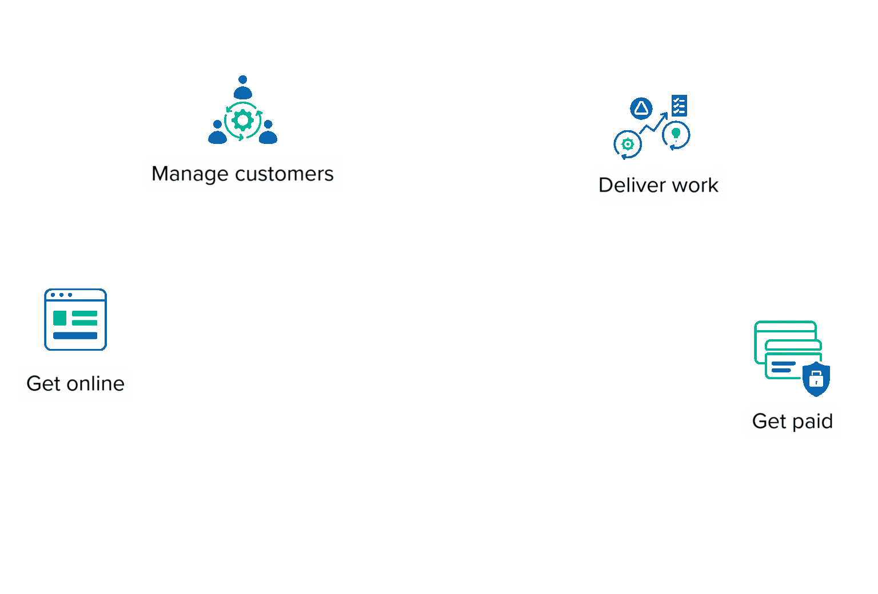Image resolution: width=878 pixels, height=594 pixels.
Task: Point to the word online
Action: coord(95,383)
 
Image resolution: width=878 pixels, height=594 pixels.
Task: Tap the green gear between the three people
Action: coord(243,121)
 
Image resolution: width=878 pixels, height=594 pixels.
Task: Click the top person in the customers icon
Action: coord(243,87)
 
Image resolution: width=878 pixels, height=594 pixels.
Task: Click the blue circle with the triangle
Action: coord(641,108)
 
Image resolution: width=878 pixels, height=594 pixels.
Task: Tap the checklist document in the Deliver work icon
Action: coord(679,106)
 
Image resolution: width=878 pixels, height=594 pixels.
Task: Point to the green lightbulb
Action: coord(676,134)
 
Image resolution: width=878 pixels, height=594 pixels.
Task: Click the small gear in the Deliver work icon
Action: coord(628,144)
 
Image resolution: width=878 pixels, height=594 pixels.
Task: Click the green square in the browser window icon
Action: coord(59,318)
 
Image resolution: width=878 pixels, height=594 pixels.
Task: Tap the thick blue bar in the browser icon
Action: coord(75,336)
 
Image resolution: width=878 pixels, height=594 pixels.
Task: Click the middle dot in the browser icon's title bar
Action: coord(61,295)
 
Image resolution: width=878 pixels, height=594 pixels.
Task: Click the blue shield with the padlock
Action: coord(816,378)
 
